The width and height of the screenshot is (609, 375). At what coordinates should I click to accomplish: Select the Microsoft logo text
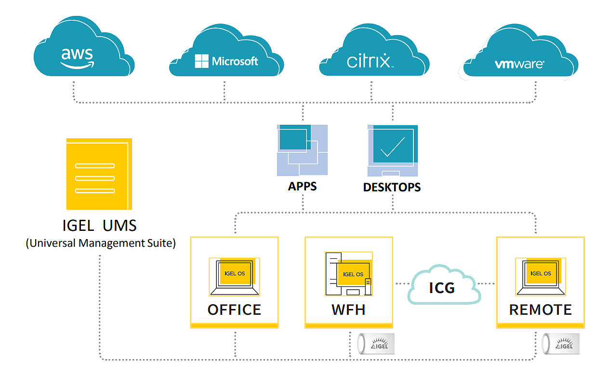coord(226,61)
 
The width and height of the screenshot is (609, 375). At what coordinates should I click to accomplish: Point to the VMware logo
coord(519,64)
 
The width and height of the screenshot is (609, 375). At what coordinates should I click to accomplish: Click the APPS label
coord(303,186)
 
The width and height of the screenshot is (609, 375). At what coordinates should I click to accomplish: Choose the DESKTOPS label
coord(392,187)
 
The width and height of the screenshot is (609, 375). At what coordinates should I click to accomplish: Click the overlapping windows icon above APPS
coord(302,150)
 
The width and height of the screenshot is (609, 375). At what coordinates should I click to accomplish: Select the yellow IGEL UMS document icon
coord(99,174)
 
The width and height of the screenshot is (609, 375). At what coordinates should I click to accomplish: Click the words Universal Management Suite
coord(101,243)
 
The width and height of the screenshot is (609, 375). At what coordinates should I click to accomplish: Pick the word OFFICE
coord(234,309)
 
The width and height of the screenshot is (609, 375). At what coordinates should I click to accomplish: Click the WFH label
coord(348,309)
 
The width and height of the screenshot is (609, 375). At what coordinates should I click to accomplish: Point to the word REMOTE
coord(541,309)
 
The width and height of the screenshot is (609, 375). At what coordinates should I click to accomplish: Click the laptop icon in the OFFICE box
coord(234,277)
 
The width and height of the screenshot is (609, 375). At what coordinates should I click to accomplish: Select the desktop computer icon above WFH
coord(349,274)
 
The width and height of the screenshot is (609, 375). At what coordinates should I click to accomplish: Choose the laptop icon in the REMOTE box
coord(541,276)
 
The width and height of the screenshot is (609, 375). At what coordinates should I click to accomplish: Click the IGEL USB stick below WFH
coord(375,343)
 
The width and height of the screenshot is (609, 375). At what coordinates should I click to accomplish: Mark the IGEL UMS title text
coord(100,226)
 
